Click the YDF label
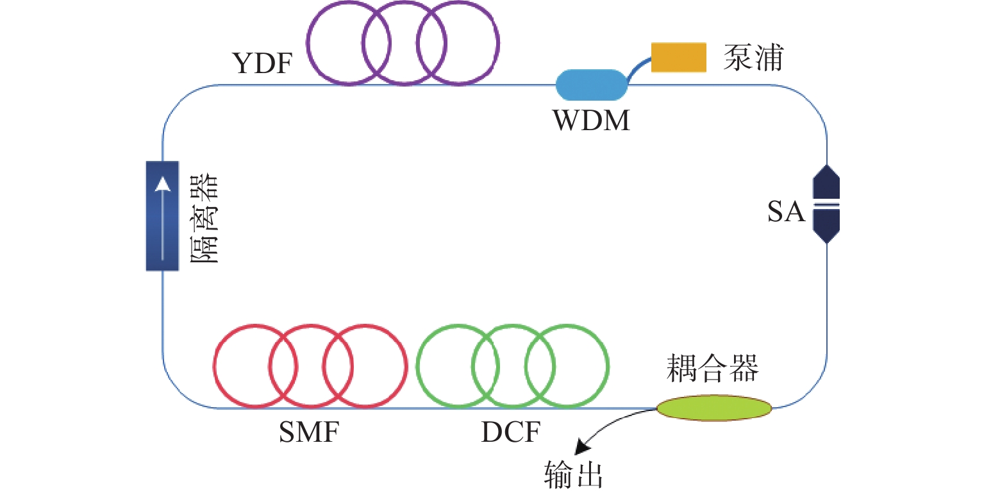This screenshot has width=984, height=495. click(263, 64)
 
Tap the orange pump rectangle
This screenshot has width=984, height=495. click(679, 57)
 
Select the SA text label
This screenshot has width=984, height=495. click(787, 212)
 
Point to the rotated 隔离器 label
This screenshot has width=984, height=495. click(206, 218)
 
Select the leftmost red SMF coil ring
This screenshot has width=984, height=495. click(215, 367)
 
